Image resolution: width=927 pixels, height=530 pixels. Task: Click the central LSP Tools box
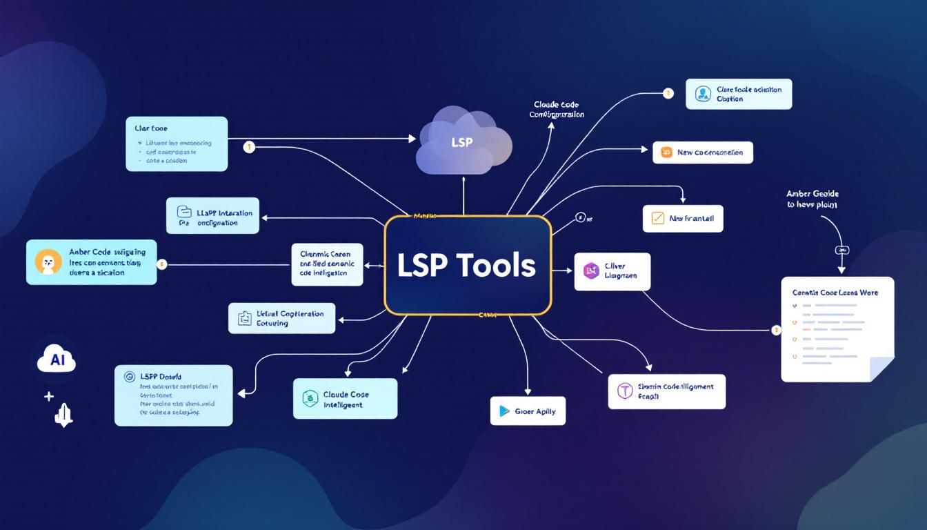[x=468, y=266]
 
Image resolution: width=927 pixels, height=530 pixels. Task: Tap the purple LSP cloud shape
[x=464, y=141]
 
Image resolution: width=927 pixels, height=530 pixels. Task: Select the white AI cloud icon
[x=57, y=361]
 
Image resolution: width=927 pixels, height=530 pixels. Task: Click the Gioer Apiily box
[x=528, y=411]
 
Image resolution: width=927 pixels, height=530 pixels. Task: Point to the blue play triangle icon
[x=503, y=411]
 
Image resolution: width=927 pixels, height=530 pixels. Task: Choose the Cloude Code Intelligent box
[x=345, y=398]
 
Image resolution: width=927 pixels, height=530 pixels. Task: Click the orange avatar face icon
[x=48, y=262]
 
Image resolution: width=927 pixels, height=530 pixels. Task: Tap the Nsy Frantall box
[x=683, y=218]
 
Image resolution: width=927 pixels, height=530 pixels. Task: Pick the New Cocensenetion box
[x=702, y=153]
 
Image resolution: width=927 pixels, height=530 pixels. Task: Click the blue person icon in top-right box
[x=702, y=94]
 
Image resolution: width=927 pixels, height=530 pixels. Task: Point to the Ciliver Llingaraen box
[x=612, y=271]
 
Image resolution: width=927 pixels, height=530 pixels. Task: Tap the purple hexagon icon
[x=590, y=271]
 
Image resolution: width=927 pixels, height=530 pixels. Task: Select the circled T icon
[x=625, y=391]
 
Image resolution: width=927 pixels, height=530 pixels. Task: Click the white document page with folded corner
[x=837, y=328]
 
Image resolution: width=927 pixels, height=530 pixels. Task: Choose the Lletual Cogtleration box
[x=281, y=317]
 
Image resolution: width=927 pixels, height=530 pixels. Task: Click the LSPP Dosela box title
[x=160, y=377]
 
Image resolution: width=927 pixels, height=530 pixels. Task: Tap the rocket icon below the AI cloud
[x=63, y=415]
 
